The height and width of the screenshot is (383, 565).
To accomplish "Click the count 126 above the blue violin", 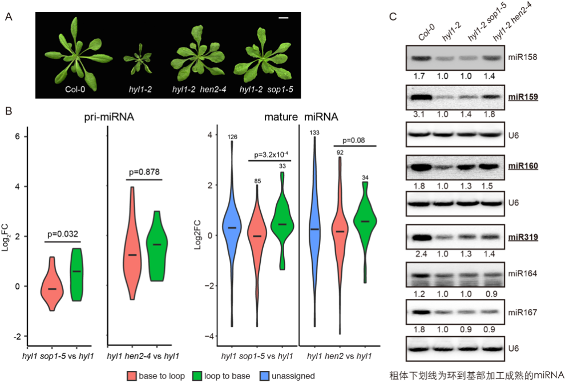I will click(232, 137).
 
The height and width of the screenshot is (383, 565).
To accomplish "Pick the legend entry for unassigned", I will click(288, 375).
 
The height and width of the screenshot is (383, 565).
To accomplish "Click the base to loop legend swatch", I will click(132, 375).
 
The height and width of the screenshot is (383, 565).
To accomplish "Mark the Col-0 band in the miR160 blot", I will click(423, 167).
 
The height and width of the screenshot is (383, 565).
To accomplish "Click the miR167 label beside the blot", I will click(522, 312).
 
